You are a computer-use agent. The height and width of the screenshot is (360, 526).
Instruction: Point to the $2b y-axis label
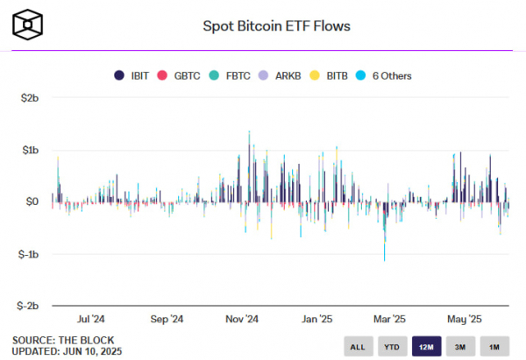tap(30, 98)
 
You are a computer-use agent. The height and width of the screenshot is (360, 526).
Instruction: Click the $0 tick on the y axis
tap(33, 202)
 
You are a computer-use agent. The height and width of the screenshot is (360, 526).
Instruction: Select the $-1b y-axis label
tap(28, 254)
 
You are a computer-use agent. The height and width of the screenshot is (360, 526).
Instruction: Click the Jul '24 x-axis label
tap(91, 319)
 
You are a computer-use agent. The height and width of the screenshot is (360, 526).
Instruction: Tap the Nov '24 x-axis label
tap(241, 319)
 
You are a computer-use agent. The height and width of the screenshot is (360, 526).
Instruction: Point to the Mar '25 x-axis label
tap(389, 319)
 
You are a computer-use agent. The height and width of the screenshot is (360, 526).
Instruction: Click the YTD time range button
tap(392, 346)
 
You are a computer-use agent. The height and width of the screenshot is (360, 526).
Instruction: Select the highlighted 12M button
tap(426, 346)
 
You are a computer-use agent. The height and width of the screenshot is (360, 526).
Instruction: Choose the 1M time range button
tap(494, 346)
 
